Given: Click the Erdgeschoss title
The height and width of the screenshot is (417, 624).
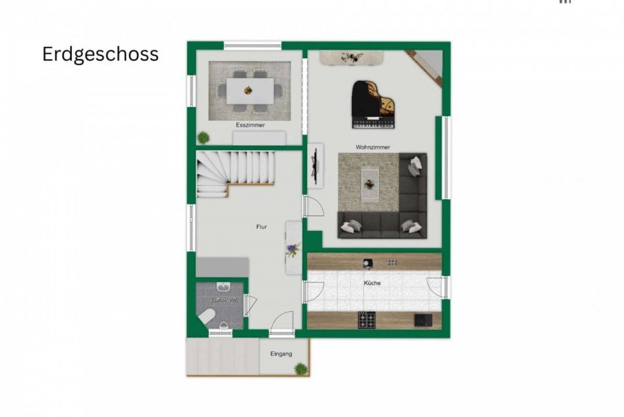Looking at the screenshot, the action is [x=100, y=54].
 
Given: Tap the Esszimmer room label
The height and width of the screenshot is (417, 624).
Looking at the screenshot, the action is [x=250, y=125].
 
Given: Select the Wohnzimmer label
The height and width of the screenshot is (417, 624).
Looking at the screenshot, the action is [x=373, y=147].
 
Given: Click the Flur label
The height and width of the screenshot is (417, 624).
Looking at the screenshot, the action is [x=261, y=227].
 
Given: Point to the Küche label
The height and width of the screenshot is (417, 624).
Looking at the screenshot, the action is [x=372, y=283].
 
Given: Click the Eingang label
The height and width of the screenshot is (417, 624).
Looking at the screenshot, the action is [x=281, y=354].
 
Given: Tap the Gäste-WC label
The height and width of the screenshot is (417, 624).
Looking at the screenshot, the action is [x=225, y=301].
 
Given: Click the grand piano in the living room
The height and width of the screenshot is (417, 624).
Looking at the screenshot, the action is [x=373, y=105].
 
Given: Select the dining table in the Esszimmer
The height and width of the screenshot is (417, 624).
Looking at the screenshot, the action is [x=250, y=91].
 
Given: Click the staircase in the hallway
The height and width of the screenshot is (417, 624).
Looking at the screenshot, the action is [x=235, y=173].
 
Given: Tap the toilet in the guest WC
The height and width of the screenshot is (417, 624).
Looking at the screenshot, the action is [x=206, y=317].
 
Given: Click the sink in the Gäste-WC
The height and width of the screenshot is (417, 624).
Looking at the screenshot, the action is [x=222, y=287].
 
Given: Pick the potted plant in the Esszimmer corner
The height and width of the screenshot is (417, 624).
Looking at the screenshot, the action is [x=203, y=138].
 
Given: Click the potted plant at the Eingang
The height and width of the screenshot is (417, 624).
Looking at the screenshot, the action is [x=301, y=369].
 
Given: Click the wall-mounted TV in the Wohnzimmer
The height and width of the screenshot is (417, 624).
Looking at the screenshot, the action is [x=315, y=165].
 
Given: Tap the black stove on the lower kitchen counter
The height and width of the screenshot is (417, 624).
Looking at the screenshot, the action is [x=366, y=320].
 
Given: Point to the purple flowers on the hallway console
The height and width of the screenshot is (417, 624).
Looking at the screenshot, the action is [x=292, y=250].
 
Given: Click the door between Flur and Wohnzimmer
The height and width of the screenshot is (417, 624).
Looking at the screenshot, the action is [x=313, y=206].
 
